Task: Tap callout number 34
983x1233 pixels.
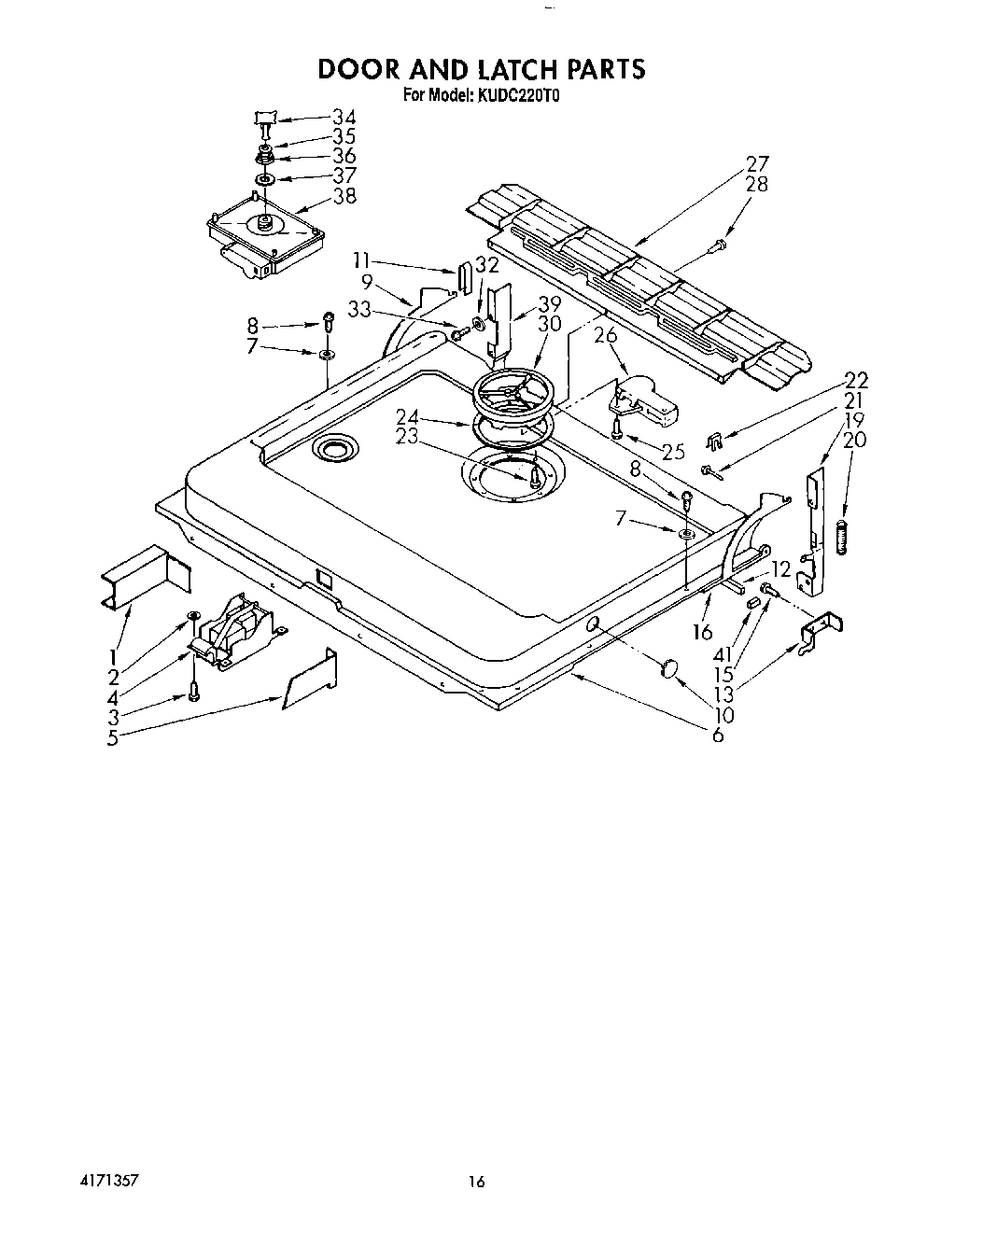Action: (344, 118)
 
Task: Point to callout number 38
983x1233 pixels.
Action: (344, 196)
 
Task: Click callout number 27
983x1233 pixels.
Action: (756, 165)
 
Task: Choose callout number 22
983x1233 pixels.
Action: (856, 380)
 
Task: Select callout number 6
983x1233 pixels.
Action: (718, 735)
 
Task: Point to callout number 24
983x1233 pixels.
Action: (406, 416)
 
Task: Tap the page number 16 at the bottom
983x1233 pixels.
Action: (477, 1182)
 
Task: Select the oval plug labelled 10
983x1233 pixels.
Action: (667, 668)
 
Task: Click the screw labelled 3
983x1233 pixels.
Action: (194, 692)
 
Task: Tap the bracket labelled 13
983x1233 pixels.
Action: (822, 629)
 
